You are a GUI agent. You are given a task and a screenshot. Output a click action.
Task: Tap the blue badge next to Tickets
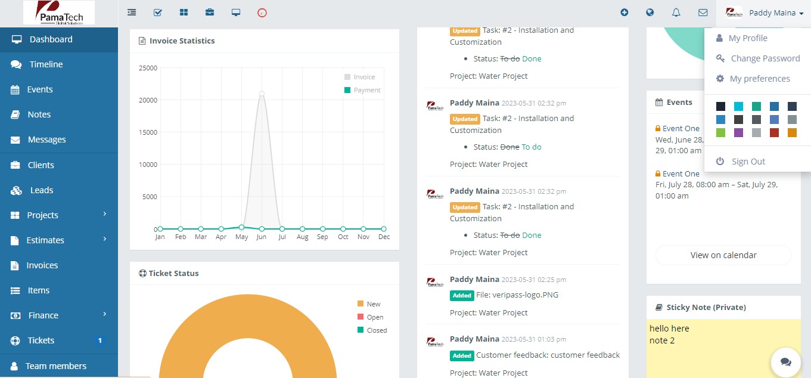pyautogui.click(x=100, y=340)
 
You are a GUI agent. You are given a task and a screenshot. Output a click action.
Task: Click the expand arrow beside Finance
pyautogui.click(x=105, y=314)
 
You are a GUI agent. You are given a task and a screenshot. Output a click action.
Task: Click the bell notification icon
pyautogui.click(x=676, y=13)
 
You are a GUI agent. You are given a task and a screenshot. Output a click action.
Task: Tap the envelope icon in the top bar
pyautogui.click(x=703, y=13)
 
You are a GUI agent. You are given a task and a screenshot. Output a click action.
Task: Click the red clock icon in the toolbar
pyautogui.click(x=262, y=13)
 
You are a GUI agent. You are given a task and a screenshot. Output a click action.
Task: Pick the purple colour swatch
pyautogui.click(x=738, y=132)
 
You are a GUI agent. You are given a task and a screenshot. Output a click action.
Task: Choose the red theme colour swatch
pyautogui.click(x=774, y=132)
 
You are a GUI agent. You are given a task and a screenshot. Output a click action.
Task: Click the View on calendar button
pyautogui.click(x=723, y=255)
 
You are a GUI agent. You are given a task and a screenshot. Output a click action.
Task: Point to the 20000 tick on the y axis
pyautogui.click(x=148, y=100)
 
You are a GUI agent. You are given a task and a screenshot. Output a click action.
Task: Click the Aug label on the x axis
pyautogui.click(x=302, y=237)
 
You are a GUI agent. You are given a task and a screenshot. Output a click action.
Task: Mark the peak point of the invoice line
pyautogui.click(x=262, y=94)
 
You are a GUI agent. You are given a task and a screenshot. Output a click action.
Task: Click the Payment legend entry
pyautogui.click(x=362, y=90)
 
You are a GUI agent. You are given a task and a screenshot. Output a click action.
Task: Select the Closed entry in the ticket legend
pyautogui.click(x=372, y=330)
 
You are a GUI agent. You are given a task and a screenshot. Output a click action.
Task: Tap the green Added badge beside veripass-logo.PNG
pyautogui.click(x=462, y=296)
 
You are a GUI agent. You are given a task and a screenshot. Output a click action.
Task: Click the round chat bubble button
pyautogui.click(x=785, y=362)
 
